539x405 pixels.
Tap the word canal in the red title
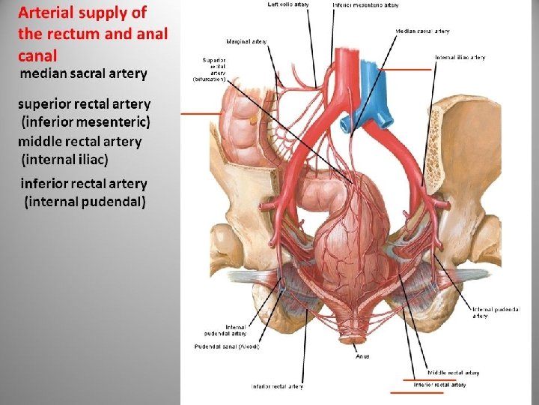(37, 55)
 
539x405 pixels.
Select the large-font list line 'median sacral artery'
(83, 73)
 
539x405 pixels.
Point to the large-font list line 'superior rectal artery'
(85, 104)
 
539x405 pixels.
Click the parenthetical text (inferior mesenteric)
(86, 121)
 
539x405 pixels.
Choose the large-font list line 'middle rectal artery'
(80, 141)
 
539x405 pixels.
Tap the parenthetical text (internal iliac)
(65, 159)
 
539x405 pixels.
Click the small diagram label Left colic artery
(288, 4)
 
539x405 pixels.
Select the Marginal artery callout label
(246, 41)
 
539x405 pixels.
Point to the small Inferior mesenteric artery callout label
(365, 4)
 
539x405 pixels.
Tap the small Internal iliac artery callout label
(460, 57)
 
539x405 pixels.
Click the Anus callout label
(362, 356)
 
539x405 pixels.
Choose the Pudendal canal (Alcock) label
(227, 346)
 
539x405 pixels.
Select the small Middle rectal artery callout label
(453, 373)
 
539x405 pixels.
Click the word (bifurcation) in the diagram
(208, 79)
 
